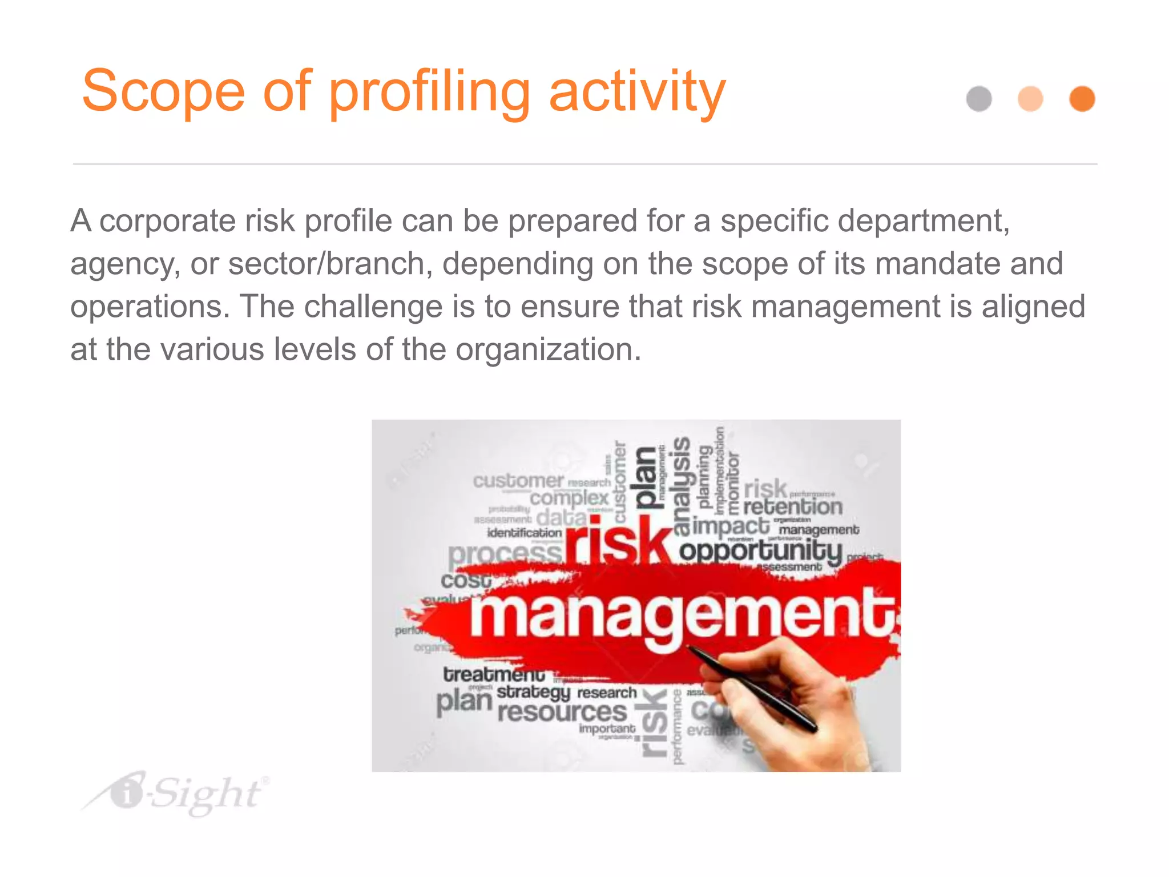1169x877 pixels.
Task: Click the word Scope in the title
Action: (x=163, y=91)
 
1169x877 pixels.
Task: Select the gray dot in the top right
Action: (x=979, y=99)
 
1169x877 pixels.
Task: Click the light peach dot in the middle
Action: (x=1030, y=99)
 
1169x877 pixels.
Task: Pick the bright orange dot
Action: (x=1082, y=99)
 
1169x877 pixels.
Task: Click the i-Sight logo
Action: (x=177, y=794)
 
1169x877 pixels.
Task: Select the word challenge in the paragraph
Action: (x=373, y=307)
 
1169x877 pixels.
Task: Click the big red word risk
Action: (x=619, y=540)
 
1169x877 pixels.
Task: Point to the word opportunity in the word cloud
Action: (x=760, y=552)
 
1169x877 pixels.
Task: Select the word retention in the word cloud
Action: (x=792, y=506)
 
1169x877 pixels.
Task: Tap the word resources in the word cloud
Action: (x=562, y=712)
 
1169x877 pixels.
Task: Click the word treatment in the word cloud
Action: (x=494, y=674)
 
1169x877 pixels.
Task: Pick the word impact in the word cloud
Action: (x=731, y=525)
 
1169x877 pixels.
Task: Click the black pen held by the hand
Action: (x=753, y=688)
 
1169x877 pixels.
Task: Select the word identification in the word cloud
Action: (x=524, y=533)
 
